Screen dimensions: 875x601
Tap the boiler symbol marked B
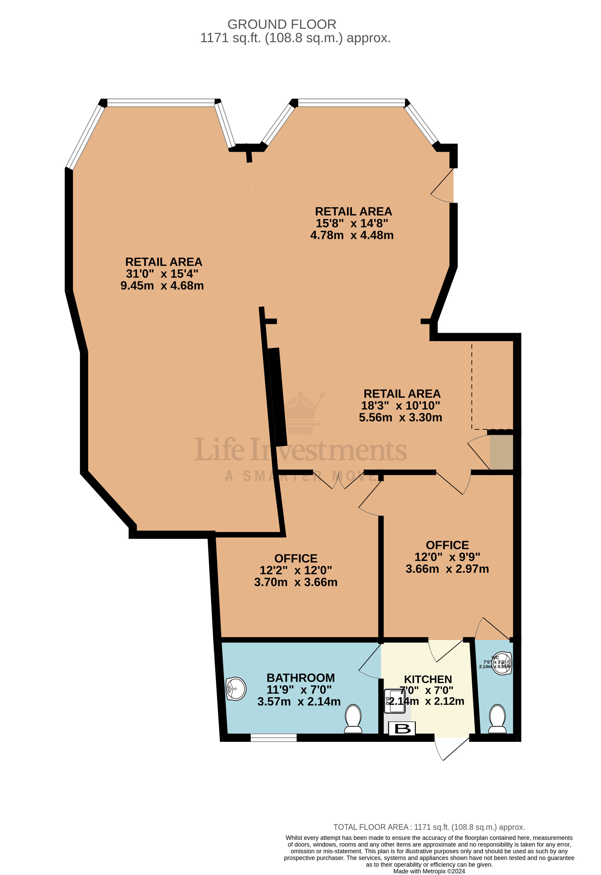point(402,728)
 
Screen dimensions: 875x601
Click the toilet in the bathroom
point(353,719)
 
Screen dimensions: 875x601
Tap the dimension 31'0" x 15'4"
point(162,274)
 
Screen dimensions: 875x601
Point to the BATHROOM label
point(300,678)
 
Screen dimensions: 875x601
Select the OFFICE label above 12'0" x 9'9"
point(447,545)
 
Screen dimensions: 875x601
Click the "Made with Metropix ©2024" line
point(429,871)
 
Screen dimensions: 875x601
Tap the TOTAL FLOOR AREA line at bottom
point(429,827)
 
